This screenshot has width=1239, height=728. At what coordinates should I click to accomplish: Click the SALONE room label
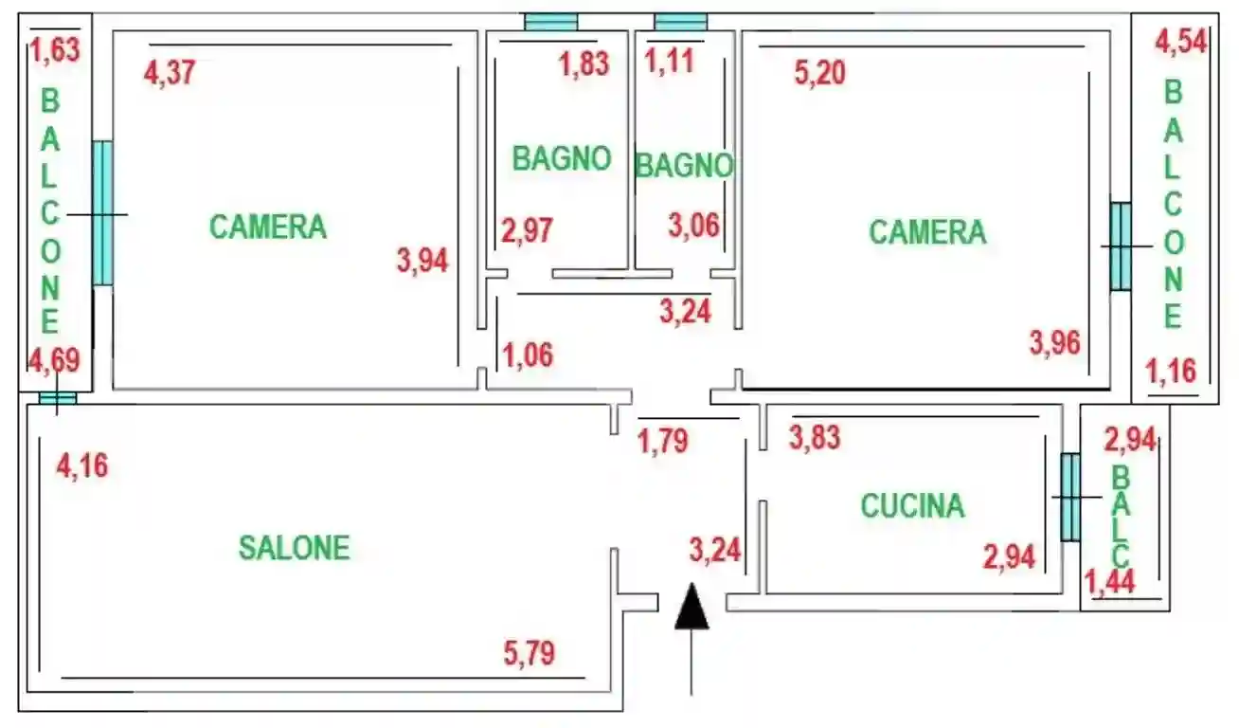click(294, 547)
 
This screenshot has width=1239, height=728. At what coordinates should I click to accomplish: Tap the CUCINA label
click(912, 505)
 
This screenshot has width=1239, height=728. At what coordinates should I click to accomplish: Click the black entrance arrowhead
click(692, 608)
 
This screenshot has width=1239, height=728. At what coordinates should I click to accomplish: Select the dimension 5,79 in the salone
click(530, 653)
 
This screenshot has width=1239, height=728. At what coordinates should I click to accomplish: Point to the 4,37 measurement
click(170, 72)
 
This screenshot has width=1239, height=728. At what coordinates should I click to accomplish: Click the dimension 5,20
click(820, 72)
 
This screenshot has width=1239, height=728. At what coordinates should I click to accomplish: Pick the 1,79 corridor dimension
click(663, 441)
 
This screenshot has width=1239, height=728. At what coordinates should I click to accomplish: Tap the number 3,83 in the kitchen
click(815, 437)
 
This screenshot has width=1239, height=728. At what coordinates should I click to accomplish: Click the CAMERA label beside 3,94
click(268, 227)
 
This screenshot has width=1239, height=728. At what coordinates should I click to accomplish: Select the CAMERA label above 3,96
click(927, 232)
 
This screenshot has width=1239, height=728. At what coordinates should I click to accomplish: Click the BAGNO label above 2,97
click(561, 158)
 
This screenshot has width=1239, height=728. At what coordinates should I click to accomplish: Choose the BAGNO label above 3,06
click(683, 166)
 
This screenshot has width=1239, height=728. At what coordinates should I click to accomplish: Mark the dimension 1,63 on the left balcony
click(56, 48)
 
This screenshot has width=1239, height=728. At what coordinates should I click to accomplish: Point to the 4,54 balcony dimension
click(1181, 43)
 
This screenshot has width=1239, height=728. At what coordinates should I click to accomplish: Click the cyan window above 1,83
click(551, 22)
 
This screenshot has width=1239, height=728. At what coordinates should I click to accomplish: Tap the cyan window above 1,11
click(681, 22)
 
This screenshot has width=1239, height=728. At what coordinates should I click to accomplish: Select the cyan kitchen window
click(1069, 497)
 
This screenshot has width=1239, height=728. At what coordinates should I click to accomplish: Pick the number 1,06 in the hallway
click(527, 355)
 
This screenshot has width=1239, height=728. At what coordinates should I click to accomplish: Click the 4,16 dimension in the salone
click(82, 465)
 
